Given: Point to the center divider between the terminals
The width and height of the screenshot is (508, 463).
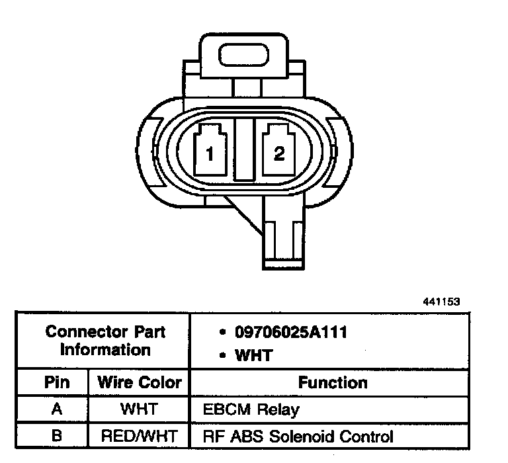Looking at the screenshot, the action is point(244,150).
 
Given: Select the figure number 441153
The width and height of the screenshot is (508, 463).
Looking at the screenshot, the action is point(441,302).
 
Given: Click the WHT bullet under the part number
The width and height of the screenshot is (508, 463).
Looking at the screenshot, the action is point(253,356).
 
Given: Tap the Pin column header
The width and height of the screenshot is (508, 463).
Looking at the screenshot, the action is point(57,383).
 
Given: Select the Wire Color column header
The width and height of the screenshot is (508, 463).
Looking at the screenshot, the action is point(139,383).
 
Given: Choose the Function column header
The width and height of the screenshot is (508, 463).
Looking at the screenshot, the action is point(333,383).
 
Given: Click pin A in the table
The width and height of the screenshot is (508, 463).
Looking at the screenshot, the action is point(57,410).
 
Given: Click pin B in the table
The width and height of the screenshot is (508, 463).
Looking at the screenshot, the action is point(57,437).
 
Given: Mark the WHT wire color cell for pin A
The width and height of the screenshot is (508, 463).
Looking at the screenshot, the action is point(139,410).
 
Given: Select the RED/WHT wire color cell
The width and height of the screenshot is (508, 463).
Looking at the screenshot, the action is point(139,437).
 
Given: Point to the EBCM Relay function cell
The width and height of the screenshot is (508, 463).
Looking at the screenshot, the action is point(251,410).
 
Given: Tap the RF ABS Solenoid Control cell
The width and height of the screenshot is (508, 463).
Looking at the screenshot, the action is point(298,437).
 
